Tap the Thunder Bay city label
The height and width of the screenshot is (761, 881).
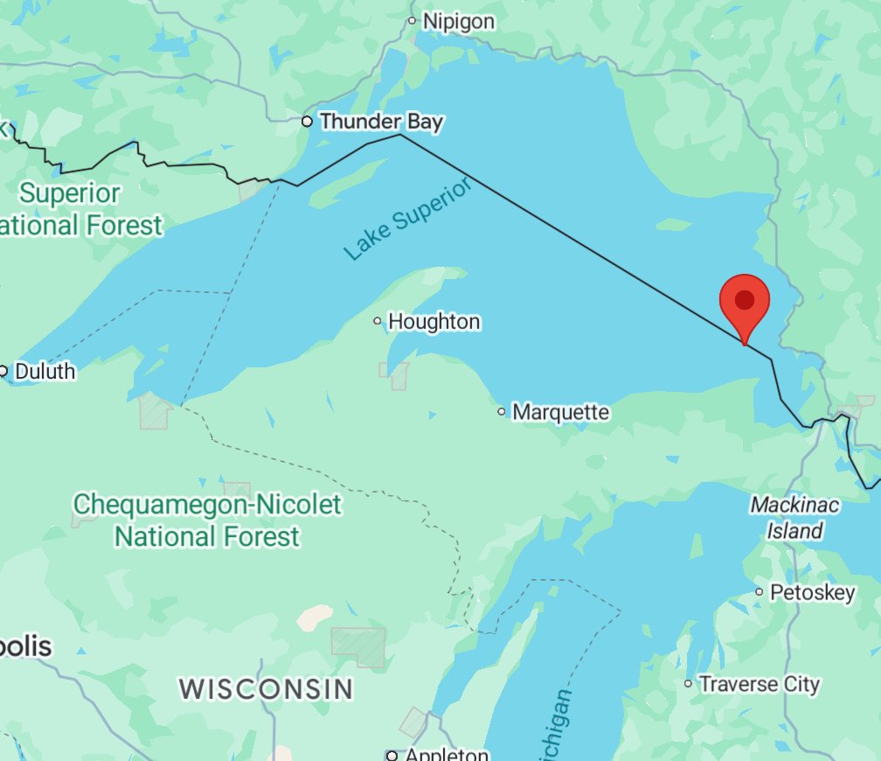point(381,122)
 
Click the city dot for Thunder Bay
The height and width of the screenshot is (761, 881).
point(307,122)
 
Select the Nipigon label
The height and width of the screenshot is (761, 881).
point(458,21)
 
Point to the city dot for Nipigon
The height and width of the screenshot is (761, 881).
point(413,20)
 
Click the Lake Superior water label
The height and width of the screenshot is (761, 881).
point(407,219)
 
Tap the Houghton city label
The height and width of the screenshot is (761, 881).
point(434,322)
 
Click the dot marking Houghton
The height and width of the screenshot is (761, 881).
point(378,321)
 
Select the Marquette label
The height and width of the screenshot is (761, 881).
point(560,411)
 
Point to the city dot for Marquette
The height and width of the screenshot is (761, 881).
point(502,411)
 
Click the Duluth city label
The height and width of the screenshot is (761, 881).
point(45,372)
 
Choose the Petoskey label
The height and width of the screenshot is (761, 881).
point(812,593)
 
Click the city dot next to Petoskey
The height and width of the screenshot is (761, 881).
point(760,593)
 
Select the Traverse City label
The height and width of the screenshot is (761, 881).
point(760,684)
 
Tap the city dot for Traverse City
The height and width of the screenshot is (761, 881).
point(689,684)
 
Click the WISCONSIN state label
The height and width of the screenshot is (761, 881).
point(267,688)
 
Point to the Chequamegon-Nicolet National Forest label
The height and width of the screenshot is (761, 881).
point(207,520)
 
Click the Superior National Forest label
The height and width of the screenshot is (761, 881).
point(79,209)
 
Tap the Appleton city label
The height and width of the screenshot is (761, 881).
point(445,754)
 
